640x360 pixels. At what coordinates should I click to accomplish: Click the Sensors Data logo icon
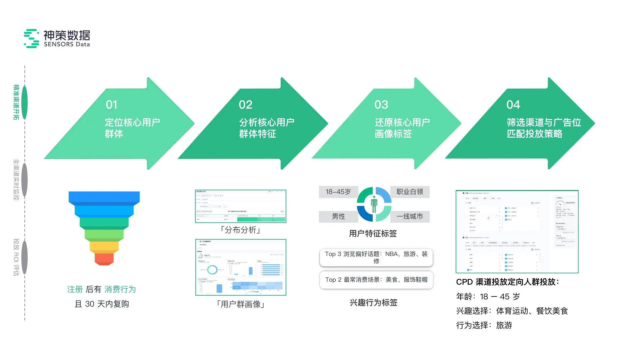31,38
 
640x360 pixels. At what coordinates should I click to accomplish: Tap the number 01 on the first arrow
112,105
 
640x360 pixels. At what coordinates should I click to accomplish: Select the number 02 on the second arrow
246,105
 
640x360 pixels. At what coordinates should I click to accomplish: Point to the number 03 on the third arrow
381,105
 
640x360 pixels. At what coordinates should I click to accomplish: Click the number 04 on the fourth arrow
513,105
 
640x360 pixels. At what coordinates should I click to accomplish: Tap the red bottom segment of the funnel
104,259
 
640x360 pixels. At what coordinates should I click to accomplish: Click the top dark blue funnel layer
104,197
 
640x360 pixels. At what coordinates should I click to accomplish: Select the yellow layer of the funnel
104,246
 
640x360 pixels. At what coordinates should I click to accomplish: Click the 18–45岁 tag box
338,192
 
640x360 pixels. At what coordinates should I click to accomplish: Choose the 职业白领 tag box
410,192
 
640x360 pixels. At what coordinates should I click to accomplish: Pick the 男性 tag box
338,217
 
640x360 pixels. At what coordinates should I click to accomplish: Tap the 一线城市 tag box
410,217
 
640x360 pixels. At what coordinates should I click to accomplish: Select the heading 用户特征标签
373,234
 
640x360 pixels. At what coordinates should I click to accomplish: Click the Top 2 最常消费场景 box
376,280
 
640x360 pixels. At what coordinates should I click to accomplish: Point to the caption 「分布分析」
240,230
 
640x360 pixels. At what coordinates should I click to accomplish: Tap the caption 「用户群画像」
240,304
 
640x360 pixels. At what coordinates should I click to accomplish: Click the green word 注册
75,289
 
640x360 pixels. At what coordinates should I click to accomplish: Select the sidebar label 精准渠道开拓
16,102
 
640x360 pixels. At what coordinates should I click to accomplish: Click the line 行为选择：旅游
484,325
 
